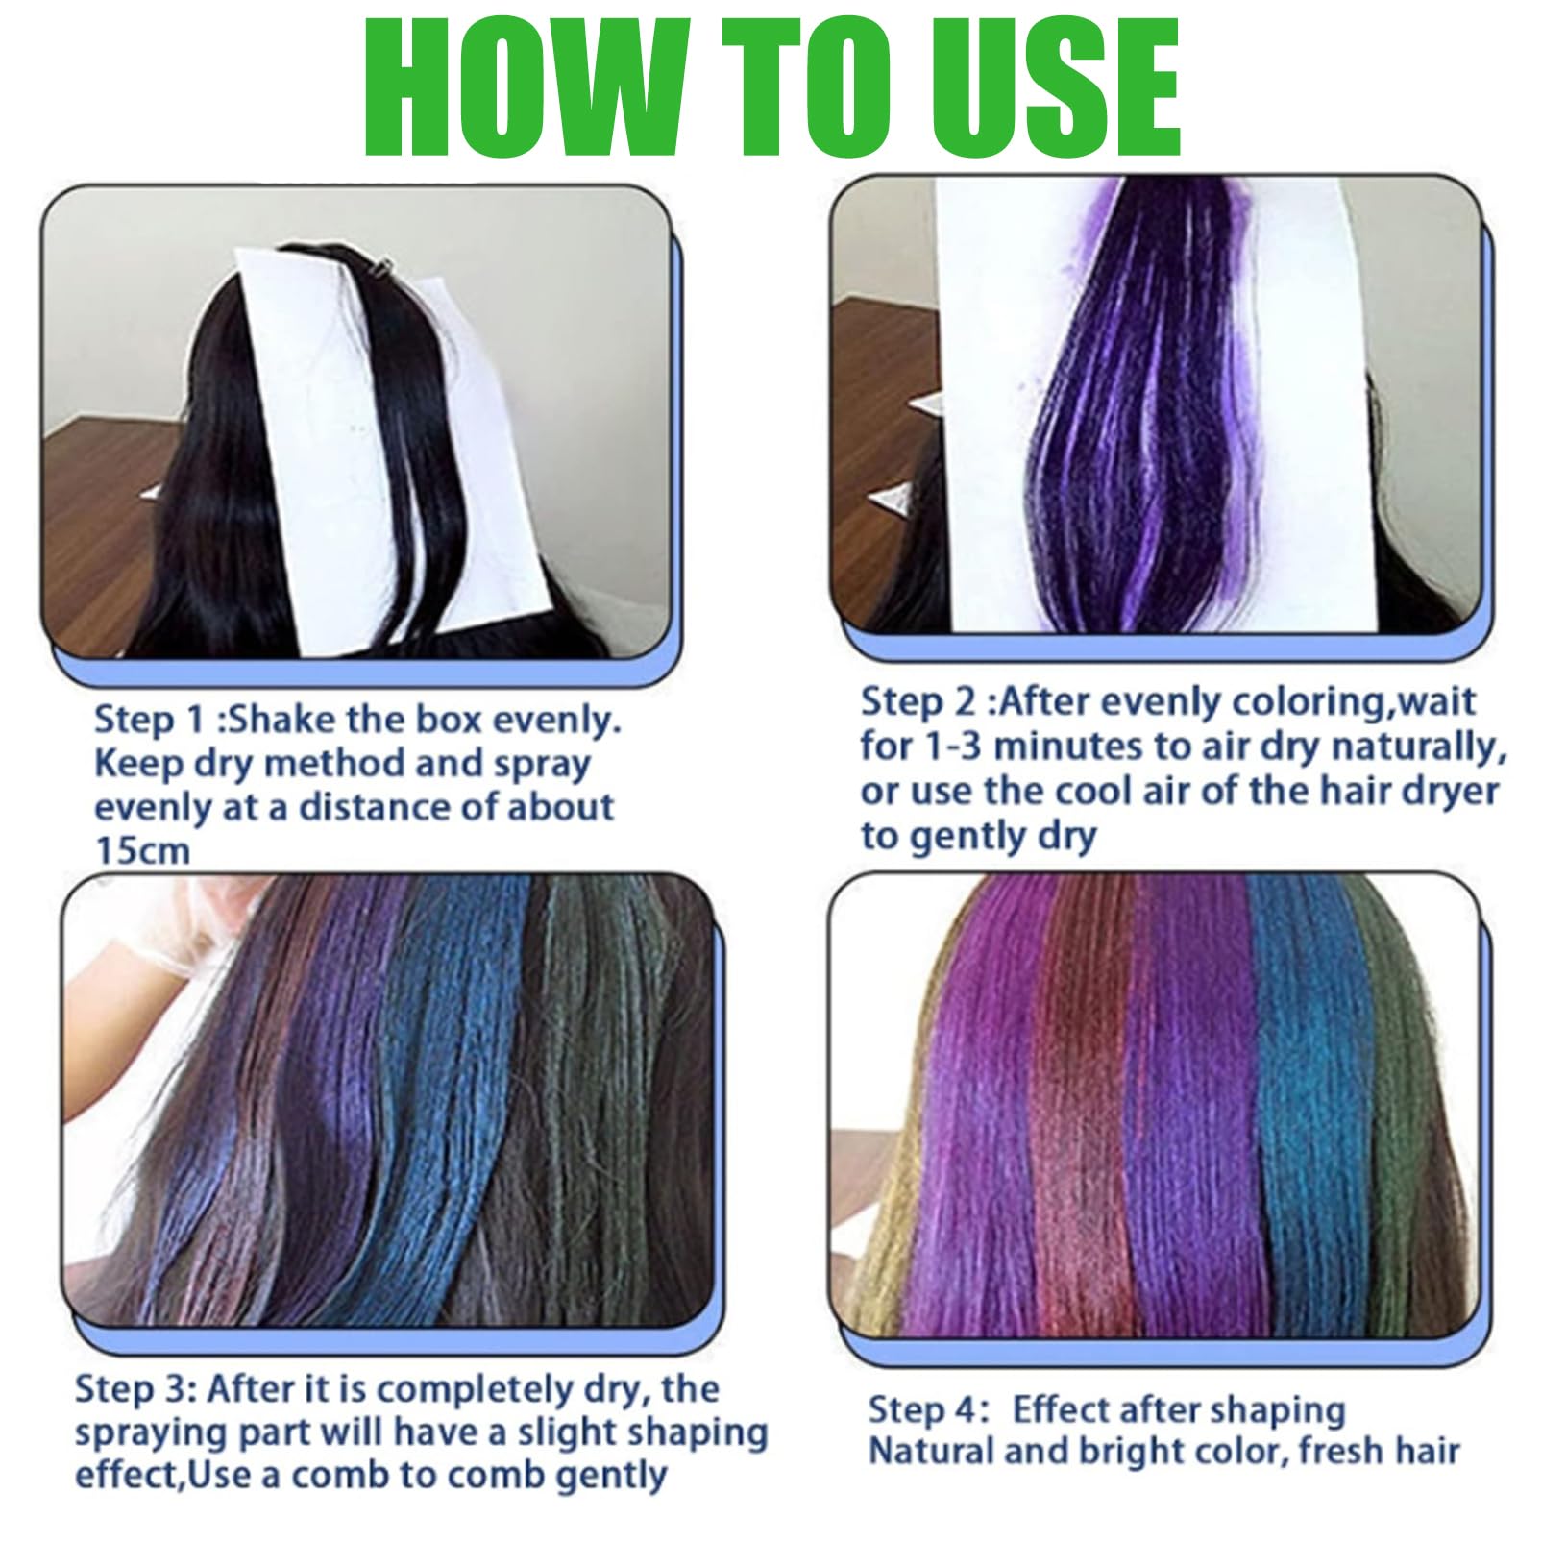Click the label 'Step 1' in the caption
click(149, 722)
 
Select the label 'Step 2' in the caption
click(916, 702)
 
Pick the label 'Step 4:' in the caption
click(928, 1409)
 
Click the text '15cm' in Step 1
click(142, 850)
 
